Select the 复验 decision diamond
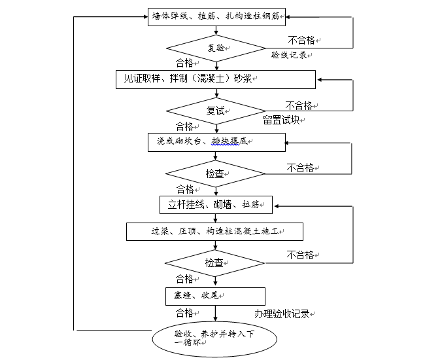pos(216,47)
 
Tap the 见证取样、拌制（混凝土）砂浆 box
pos(216,79)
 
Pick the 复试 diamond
pos(216,111)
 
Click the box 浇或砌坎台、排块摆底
pos(216,141)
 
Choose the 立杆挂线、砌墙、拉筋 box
pos(216,204)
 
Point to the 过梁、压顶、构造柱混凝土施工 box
pos(216,231)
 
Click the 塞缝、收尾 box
pos(216,296)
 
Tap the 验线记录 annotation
pos(289,56)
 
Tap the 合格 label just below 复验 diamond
pos(186,63)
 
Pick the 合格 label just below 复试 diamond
pos(186,126)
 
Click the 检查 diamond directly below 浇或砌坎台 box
pos(216,173)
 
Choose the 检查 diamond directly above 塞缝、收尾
pos(216,262)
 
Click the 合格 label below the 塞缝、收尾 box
pos(186,313)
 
